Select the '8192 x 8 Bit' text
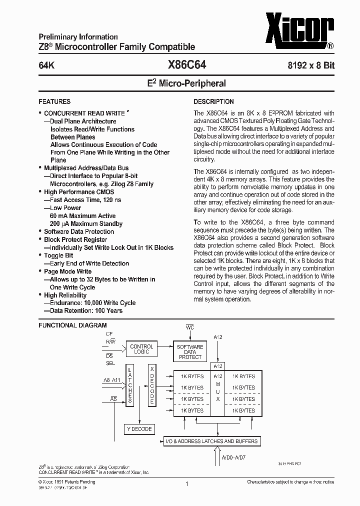click(310, 65)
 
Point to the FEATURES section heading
click(54, 101)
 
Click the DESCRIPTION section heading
click(213, 101)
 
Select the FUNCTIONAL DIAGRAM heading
click(72, 325)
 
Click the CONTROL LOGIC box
click(141, 349)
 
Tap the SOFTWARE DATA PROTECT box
click(190, 351)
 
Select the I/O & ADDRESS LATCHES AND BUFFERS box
click(212, 441)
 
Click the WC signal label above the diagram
click(190, 327)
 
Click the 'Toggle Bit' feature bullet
click(58, 255)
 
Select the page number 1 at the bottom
click(186, 484)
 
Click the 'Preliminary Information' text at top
click(78, 37)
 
